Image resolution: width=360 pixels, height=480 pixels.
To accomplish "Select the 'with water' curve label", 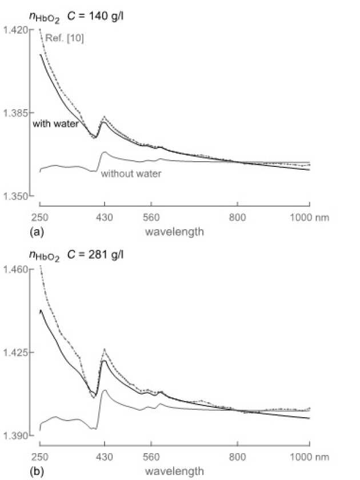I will click(55, 124).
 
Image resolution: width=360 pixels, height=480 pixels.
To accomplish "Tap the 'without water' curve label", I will click(131, 174).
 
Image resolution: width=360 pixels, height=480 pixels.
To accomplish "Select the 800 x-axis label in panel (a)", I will click(237, 218).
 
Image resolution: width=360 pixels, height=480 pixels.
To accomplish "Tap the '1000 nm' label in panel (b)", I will click(309, 457).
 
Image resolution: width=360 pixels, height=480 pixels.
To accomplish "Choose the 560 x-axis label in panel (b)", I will click(151, 457).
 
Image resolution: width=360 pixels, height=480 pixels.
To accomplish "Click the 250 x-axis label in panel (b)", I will click(39, 457).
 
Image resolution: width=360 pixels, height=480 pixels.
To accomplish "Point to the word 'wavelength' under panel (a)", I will click(174, 232).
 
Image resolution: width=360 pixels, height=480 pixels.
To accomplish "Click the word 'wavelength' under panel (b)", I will click(174, 471).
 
